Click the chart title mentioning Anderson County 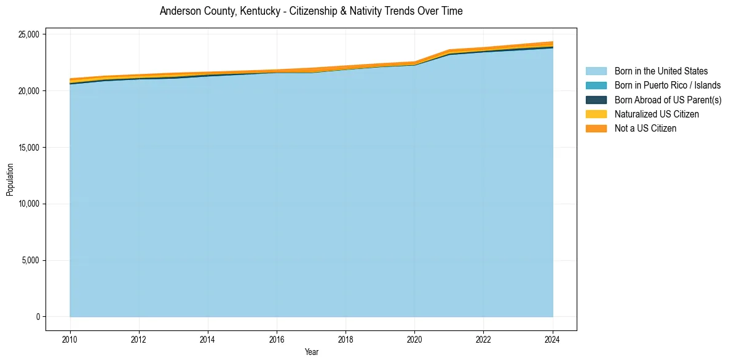[x=311, y=11]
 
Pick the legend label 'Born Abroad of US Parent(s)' [x=668, y=100]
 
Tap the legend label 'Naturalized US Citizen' [x=657, y=114]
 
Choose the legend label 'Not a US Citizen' [x=645, y=129]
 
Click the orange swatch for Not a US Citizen [x=596, y=129]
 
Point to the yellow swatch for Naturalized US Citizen [x=596, y=114]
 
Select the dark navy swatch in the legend [x=596, y=100]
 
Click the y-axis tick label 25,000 [x=29, y=34]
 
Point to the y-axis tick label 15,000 [x=29, y=148]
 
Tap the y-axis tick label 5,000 [x=31, y=260]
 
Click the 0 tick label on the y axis [x=38, y=317]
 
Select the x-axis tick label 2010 [x=70, y=339]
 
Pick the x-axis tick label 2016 [x=277, y=339]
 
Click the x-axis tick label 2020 [x=414, y=339]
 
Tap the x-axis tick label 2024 [x=552, y=339]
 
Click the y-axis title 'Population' [x=10, y=180]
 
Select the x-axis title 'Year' [x=311, y=352]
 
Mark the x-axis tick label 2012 [x=139, y=339]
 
